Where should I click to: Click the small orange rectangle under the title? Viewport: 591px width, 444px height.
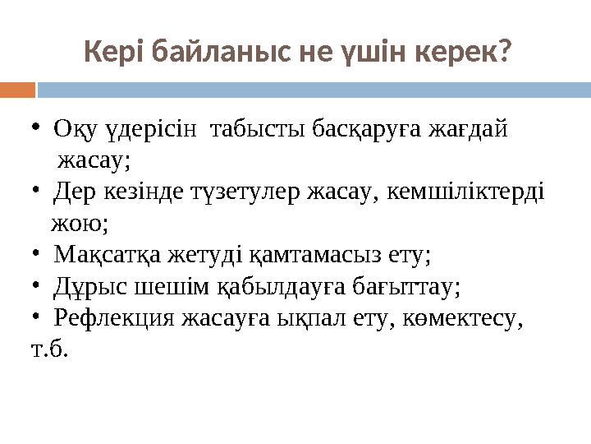point(17,88)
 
